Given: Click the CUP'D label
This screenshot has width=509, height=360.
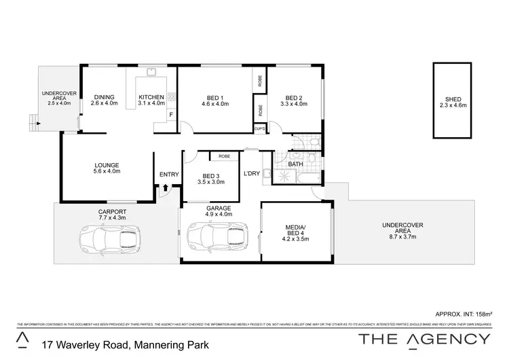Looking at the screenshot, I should (259, 128).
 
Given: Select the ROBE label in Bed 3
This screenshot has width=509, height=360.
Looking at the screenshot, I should (224, 156).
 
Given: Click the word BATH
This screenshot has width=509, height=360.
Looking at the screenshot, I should (295, 164).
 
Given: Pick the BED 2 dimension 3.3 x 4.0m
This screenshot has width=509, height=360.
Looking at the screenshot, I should (294, 104).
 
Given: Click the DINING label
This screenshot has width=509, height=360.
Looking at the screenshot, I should (104, 96).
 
